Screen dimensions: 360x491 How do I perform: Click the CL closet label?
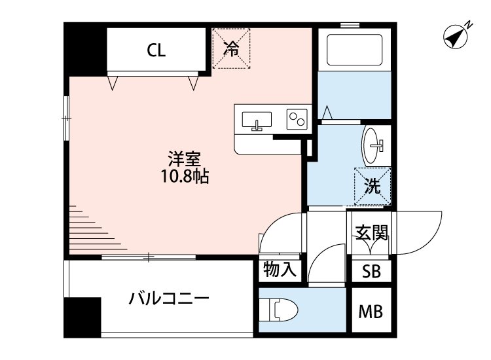(x=156, y=50)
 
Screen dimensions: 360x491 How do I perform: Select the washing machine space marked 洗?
(x=373, y=186)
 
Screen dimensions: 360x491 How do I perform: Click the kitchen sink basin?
(x=257, y=120)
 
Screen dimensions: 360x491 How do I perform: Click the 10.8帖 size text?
(x=185, y=176)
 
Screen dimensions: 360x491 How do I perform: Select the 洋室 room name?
(x=184, y=159)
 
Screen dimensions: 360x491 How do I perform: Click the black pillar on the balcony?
(x=82, y=317)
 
